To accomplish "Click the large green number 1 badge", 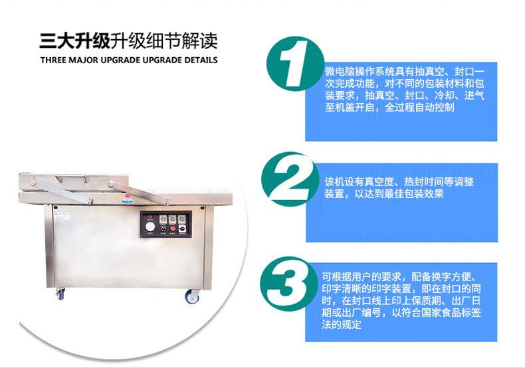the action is pos(295,64).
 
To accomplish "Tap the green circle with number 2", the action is pos(290,179).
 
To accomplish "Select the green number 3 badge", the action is pos(288,284).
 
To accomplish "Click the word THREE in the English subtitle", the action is pos(53,60).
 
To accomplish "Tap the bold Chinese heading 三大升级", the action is pos(74,41).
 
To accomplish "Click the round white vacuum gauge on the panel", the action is pos(150,227).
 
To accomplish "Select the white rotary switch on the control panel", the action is pos(183,229).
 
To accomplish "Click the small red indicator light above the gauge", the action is pos(150,217).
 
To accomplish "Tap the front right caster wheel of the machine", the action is pos(193,297).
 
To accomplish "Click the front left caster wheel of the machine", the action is pos(60,294).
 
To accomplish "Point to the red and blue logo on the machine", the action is pos(128,198).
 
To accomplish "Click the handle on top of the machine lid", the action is pos(72,177).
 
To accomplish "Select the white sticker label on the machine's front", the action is pos(62,215).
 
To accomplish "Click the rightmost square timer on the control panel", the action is pos(182,219).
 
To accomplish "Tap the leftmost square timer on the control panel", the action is pos(163,219).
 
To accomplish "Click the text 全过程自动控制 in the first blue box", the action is pos(419,108).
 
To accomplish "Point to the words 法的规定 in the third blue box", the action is pos(342,324).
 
